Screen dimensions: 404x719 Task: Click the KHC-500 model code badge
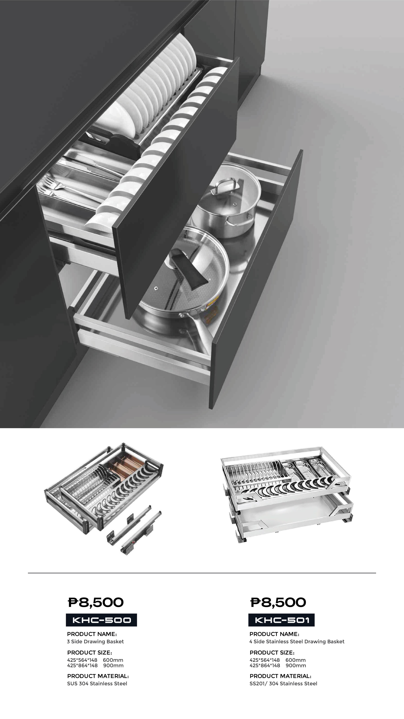(101, 620)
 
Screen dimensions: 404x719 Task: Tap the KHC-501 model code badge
(281, 620)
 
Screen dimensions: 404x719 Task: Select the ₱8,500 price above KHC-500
(96, 602)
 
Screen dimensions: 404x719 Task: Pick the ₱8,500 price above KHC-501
(278, 602)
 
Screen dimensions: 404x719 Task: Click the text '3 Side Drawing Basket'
(95, 641)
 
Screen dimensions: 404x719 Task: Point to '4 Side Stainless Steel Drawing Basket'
(297, 641)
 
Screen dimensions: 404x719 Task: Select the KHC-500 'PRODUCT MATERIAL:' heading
(98, 676)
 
